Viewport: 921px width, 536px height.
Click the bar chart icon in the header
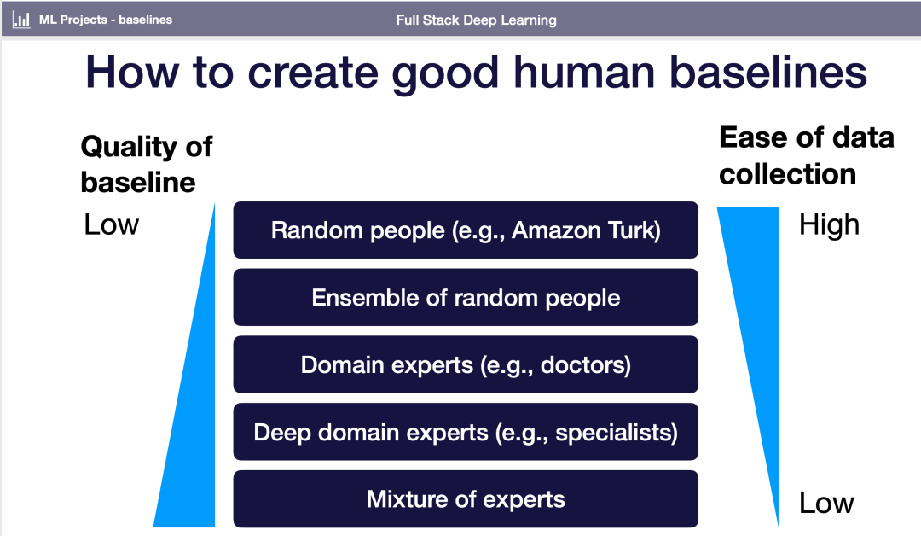tap(22, 20)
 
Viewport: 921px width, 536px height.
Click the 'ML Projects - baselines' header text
tap(105, 20)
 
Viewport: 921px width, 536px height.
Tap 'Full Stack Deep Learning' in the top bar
tap(476, 20)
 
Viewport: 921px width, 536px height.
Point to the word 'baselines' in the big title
tap(767, 73)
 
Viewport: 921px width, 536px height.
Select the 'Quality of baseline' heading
tap(146, 163)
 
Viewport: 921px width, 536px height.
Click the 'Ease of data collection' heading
tap(806, 155)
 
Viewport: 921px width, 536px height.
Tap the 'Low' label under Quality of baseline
tap(111, 224)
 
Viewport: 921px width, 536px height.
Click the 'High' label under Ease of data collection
tap(829, 225)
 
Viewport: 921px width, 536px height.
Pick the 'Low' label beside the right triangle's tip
tap(826, 503)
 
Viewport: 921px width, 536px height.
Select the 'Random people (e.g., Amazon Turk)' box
tap(466, 230)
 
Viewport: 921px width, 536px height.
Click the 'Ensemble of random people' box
tap(466, 298)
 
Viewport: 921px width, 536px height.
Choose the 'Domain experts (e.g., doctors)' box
tap(466, 365)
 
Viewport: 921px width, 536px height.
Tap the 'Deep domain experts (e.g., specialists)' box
tap(466, 432)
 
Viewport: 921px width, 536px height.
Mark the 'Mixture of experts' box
tap(466, 499)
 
